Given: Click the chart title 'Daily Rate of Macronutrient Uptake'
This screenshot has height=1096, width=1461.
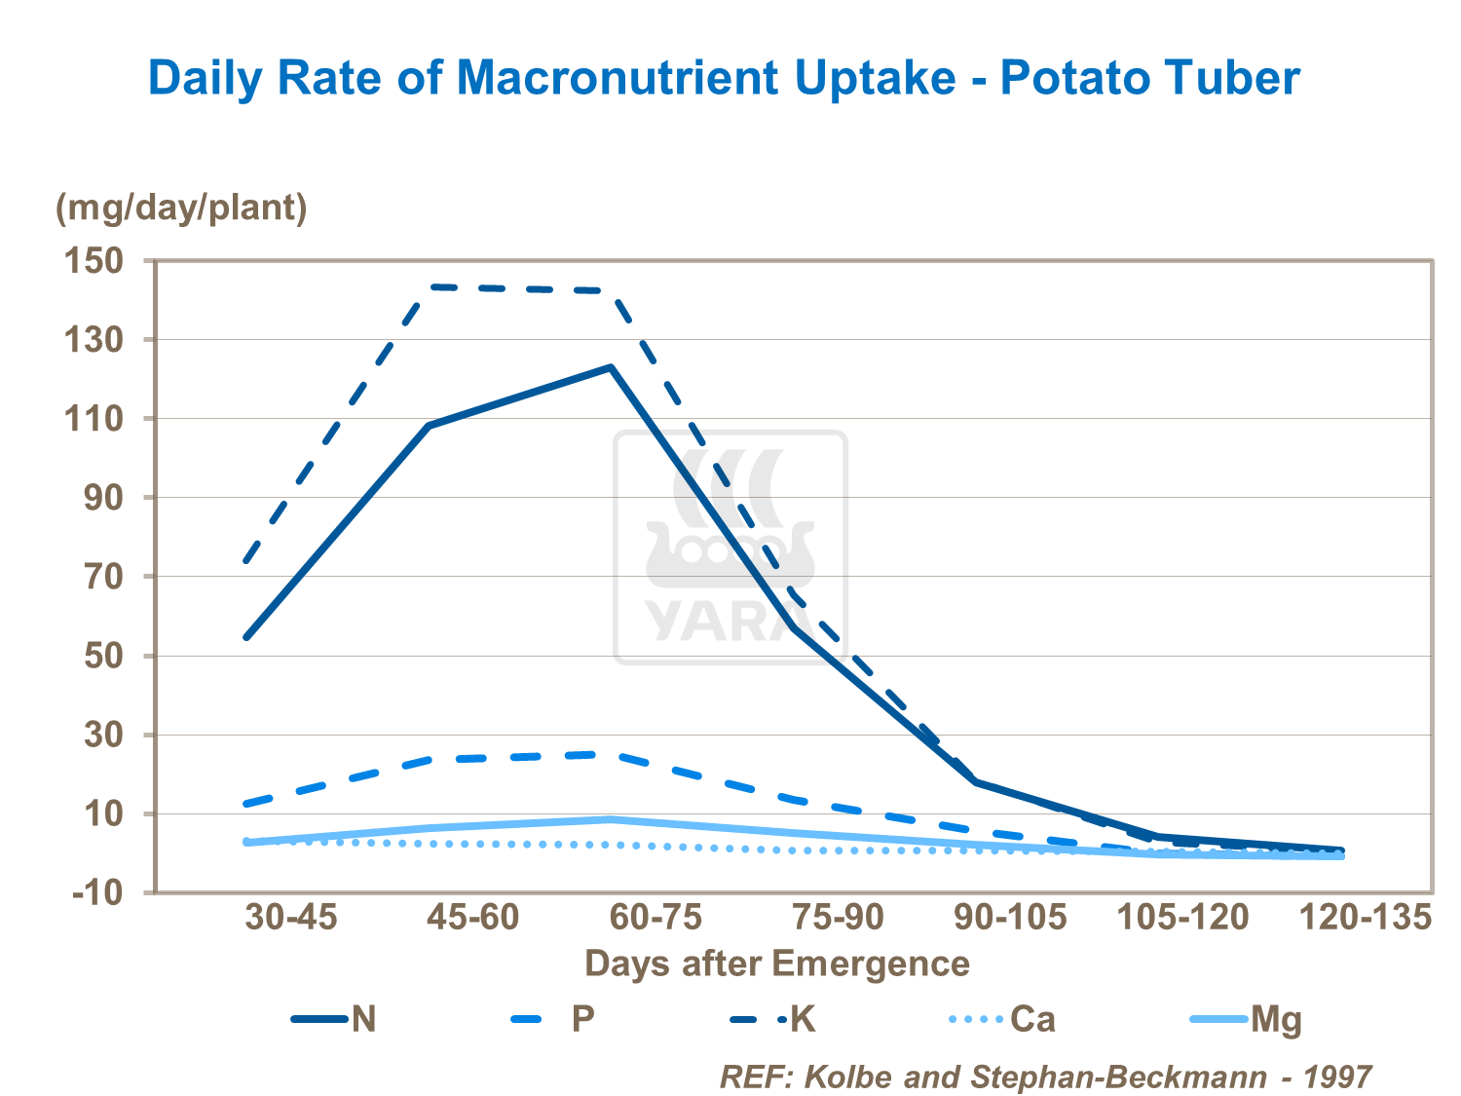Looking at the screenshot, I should pyautogui.click(x=723, y=78).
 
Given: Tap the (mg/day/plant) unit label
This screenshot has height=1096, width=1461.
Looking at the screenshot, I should pyautogui.click(x=181, y=208).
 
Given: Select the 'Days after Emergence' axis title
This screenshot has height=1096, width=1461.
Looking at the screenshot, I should pyautogui.click(x=776, y=964).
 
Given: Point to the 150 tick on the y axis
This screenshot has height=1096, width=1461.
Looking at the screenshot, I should pyautogui.click(x=94, y=261).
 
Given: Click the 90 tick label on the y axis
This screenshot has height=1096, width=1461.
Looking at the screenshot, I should pyautogui.click(x=101, y=498).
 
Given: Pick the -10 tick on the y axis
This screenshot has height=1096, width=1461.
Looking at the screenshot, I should pyautogui.click(x=97, y=892).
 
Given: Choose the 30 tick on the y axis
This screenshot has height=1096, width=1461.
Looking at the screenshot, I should pyautogui.click(x=101, y=735).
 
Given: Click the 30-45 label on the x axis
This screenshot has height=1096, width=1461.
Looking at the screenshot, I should pyautogui.click(x=290, y=917).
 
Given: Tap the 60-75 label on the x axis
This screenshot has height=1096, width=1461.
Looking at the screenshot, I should pyautogui.click(x=656, y=917).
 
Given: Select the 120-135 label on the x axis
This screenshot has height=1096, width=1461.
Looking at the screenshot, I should pyautogui.click(x=1366, y=917).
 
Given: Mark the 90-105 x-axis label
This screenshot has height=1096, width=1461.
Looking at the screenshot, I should pyautogui.click(x=1009, y=917).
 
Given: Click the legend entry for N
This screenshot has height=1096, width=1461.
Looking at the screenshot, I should pyautogui.click(x=335, y=1019).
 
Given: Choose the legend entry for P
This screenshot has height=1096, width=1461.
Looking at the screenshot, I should pyautogui.click(x=552, y=1019).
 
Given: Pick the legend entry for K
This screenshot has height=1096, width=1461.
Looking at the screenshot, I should pyautogui.click(x=773, y=1019).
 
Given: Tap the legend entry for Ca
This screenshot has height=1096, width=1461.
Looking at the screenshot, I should pyautogui.click(x=1002, y=1019).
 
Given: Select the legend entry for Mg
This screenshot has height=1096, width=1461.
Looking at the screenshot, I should pyautogui.click(x=1247, y=1019).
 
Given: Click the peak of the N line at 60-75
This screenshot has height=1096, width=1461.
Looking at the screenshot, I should pyautogui.click(x=611, y=367).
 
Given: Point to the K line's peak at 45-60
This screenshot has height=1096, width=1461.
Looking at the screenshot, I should pyautogui.click(x=430, y=286).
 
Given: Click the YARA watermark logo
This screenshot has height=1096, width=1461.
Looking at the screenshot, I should pyautogui.click(x=730, y=548).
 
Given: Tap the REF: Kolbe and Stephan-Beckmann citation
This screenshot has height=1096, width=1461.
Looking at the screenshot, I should pyautogui.click(x=1045, y=1077).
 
